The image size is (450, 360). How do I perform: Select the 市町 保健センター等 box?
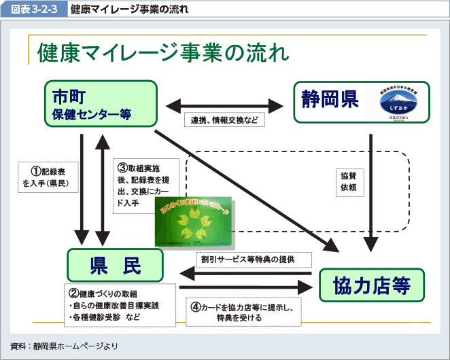(100, 103)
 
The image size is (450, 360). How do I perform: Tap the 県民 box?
(114, 264)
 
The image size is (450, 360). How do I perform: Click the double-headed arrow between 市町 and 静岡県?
(224, 105)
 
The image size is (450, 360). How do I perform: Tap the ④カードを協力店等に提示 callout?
(243, 312)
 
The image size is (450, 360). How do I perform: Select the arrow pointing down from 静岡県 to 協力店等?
(371, 190)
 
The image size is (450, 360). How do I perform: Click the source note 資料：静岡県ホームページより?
(65, 346)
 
